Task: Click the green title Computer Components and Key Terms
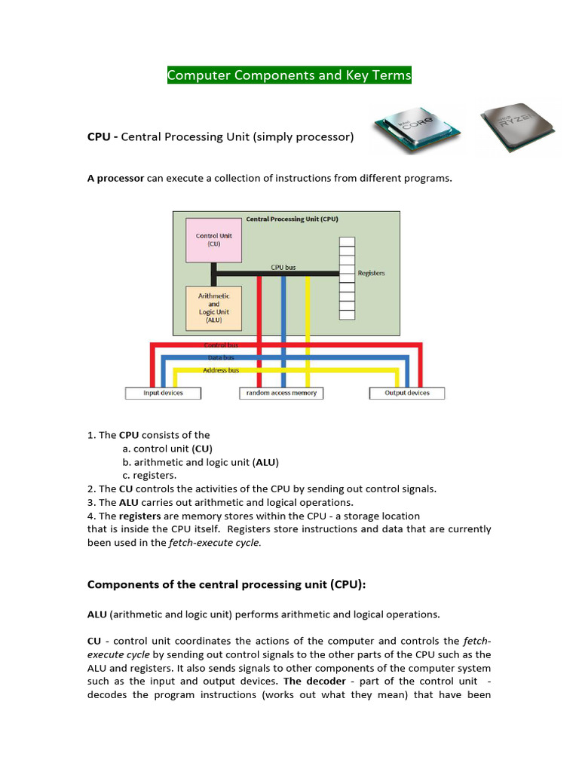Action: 289,75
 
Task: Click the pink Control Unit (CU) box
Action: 214,240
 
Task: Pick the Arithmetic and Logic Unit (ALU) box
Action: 214,308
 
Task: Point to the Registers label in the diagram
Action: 371,273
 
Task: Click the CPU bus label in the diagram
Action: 284,267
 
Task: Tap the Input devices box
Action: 163,393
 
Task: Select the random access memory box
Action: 282,393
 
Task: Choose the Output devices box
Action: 407,393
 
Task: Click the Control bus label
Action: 221,345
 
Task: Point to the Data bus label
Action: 221,357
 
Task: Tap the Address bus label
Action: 221,370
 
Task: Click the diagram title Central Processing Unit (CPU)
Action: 293,219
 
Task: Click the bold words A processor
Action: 115,178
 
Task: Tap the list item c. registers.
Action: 149,475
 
